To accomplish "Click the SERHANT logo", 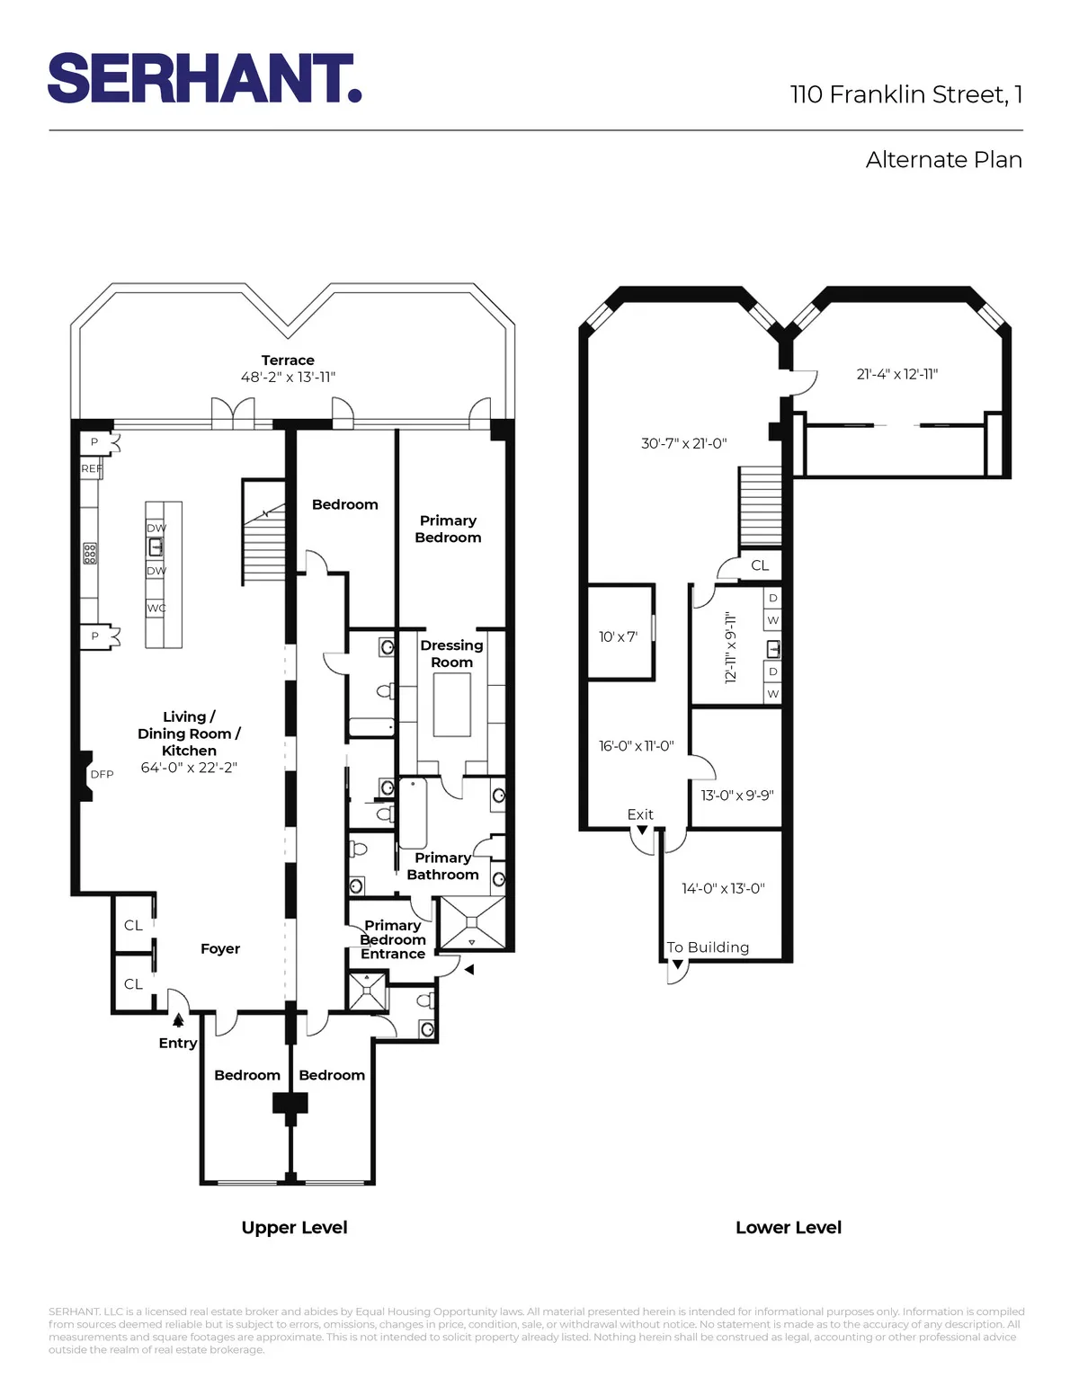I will click(204, 78).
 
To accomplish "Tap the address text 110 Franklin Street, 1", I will click(905, 94).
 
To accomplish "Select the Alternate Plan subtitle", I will click(943, 160).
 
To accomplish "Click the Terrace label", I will click(288, 360).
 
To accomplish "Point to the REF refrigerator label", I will click(91, 469).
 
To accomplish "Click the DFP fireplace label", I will click(102, 775).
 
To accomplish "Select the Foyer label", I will click(220, 949).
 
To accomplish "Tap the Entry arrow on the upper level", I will click(178, 1020).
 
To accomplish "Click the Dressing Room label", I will click(451, 654).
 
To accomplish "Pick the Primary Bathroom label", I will click(442, 867).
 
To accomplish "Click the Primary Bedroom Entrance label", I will click(393, 939).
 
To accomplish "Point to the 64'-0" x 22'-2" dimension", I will click(189, 768).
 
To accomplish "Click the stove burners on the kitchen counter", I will click(90, 553).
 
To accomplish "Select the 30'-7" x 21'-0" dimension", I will click(683, 444).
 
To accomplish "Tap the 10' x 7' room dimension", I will click(618, 637).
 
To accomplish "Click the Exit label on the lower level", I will click(640, 814).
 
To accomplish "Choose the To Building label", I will click(708, 947).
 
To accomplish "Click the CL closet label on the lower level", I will click(760, 566).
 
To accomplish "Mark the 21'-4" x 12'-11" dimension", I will click(896, 375).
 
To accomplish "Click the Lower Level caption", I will click(789, 1228).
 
